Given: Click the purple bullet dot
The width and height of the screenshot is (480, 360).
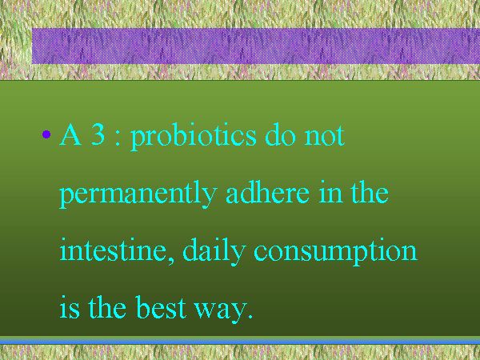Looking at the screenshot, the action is pos(46,134).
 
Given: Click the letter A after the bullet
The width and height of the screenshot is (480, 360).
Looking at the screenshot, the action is pos(70,134).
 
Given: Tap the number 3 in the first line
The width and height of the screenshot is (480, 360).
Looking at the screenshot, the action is pos(98,134).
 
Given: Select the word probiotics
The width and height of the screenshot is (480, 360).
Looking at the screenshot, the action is pos(193,137).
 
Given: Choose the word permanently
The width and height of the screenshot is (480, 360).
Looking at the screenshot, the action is pos(138,194).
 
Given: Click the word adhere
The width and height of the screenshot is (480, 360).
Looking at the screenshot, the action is pos(267,192).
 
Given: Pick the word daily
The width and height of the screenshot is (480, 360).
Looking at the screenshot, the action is pos(214,252).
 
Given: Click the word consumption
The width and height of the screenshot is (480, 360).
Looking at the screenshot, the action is pos(335,252).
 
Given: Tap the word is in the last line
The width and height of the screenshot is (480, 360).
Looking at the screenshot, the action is pos(70,306).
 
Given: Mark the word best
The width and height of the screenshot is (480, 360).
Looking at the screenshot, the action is pos(162,306).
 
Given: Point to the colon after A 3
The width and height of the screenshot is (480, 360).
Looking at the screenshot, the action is pos(118,138).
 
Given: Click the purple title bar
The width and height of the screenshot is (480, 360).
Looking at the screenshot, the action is pos(256,46).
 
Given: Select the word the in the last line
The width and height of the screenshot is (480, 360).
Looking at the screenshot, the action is pos(107,306).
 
